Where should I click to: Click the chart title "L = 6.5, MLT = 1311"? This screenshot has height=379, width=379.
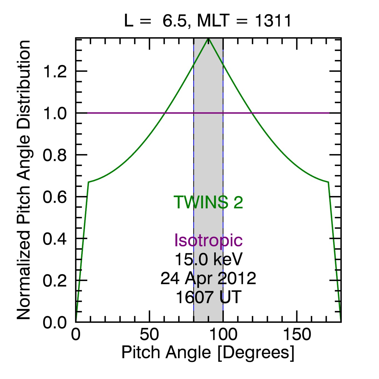tap(208, 21)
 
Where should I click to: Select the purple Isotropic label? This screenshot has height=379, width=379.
tap(208, 240)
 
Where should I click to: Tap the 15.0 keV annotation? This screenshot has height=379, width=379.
tap(208, 259)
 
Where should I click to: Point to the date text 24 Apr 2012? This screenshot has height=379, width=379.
tap(208, 278)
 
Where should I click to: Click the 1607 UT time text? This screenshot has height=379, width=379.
tap(208, 297)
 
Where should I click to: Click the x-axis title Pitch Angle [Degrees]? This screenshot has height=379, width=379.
tap(208, 353)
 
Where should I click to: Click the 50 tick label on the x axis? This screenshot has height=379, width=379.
tap(149, 335)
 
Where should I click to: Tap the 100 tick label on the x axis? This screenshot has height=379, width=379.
tap(223, 335)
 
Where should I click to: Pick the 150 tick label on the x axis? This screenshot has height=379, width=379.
tap(297, 335)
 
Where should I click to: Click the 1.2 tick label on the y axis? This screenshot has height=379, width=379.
tap(55, 72)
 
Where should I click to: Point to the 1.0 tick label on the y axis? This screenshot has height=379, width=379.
tap(55, 114)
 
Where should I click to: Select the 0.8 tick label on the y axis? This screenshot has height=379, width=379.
tap(55, 155)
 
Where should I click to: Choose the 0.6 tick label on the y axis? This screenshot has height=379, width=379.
tap(55, 197)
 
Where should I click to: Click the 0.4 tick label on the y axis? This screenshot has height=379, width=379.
tap(55, 239)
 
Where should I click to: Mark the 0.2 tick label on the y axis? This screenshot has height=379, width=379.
tap(55, 281)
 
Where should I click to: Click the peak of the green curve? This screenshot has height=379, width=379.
tap(209, 39)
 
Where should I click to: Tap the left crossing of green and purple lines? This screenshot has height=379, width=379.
tap(165, 113)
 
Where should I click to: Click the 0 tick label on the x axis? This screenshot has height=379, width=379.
tap(76, 335)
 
